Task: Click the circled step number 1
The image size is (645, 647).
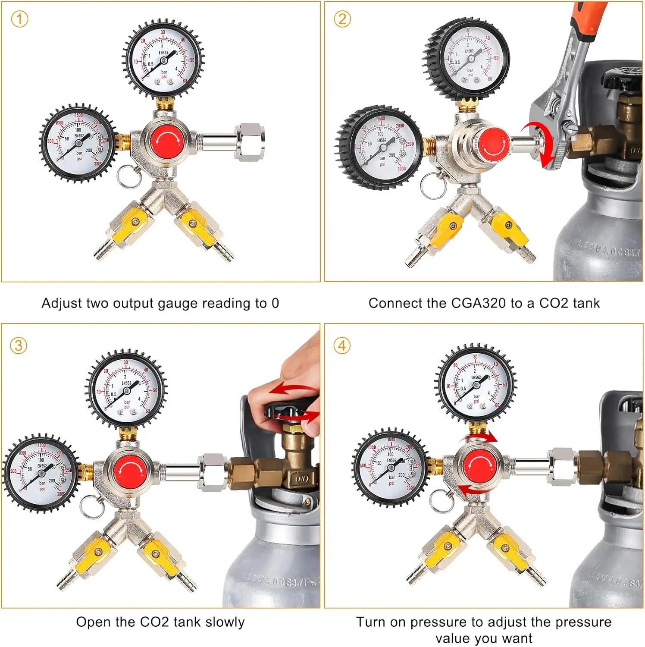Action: pyautogui.click(x=19, y=19)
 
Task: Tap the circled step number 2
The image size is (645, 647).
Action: pyautogui.click(x=342, y=19)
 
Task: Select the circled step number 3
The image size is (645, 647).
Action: pyautogui.click(x=19, y=346)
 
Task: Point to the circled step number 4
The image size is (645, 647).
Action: pyautogui.click(x=342, y=346)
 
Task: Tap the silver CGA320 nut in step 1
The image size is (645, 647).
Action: pyautogui.click(x=250, y=142)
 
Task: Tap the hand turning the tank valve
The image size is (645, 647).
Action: pyautogui.click(x=297, y=380)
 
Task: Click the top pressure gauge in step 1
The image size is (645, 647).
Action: pyautogui.click(x=163, y=58)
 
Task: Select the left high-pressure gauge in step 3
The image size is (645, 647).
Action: pyautogui.click(x=41, y=473)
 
